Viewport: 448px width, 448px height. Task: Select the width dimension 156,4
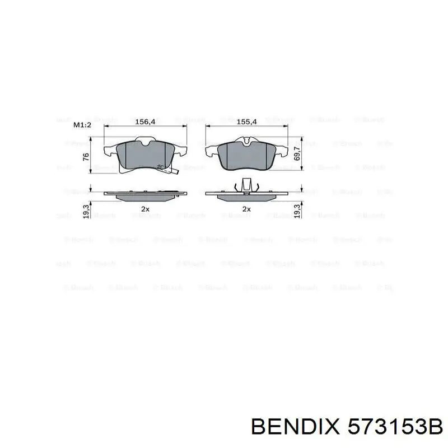(x=145, y=122)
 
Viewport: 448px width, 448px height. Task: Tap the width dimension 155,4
(x=246, y=122)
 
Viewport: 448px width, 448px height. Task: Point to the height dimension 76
(x=86, y=156)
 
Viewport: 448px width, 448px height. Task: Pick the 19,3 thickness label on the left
(x=86, y=212)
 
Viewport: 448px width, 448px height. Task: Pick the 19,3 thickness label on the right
(x=297, y=211)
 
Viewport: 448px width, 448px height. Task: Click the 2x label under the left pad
(x=145, y=209)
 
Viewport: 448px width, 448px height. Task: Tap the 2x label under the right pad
(x=246, y=209)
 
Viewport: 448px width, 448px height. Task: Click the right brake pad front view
(x=246, y=155)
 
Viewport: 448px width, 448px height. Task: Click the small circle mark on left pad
(x=161, y=166)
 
